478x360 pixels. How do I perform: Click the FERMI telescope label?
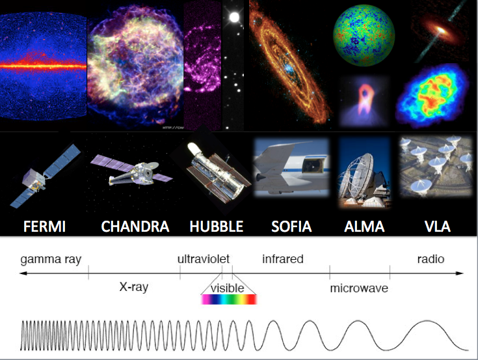pyautogui.click(x=44, y=227)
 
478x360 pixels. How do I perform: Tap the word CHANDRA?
pyautogui.click(x=135, y=227)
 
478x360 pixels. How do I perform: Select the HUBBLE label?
pyautogui.click(x=217, y=227)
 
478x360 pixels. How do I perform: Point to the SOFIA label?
pyautogui.click(x=291, y=227)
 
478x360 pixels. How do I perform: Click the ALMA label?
pyautogui.click(x=364, y=227)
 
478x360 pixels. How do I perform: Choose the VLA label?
pyautogui.click(x=438, y=227)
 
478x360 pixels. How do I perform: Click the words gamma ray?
pyautogui.click(x=51, y=260)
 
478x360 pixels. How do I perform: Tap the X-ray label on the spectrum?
pyautogui.click(x=134, y=287)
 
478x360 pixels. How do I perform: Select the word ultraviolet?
pyautogui.click(x=204, y=259)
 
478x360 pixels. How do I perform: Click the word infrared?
pyautogui.click(x=283, y=259)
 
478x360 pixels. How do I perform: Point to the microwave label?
pyautogui.click(x=359, y=288)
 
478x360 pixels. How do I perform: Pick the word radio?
pyautogui.click(x=431, y=259)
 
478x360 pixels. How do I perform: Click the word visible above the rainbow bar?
pyautogui.click(x=228, y=288)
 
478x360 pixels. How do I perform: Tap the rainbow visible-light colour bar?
pyautogui.click(x=229, y=299)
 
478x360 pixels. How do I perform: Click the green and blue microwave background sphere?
pyautogui.click(x=364, y=35)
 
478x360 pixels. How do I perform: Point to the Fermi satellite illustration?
pyautogui.click(x=45, y=176)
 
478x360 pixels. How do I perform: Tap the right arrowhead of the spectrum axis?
pyautogui.click(x=460, y=273)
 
